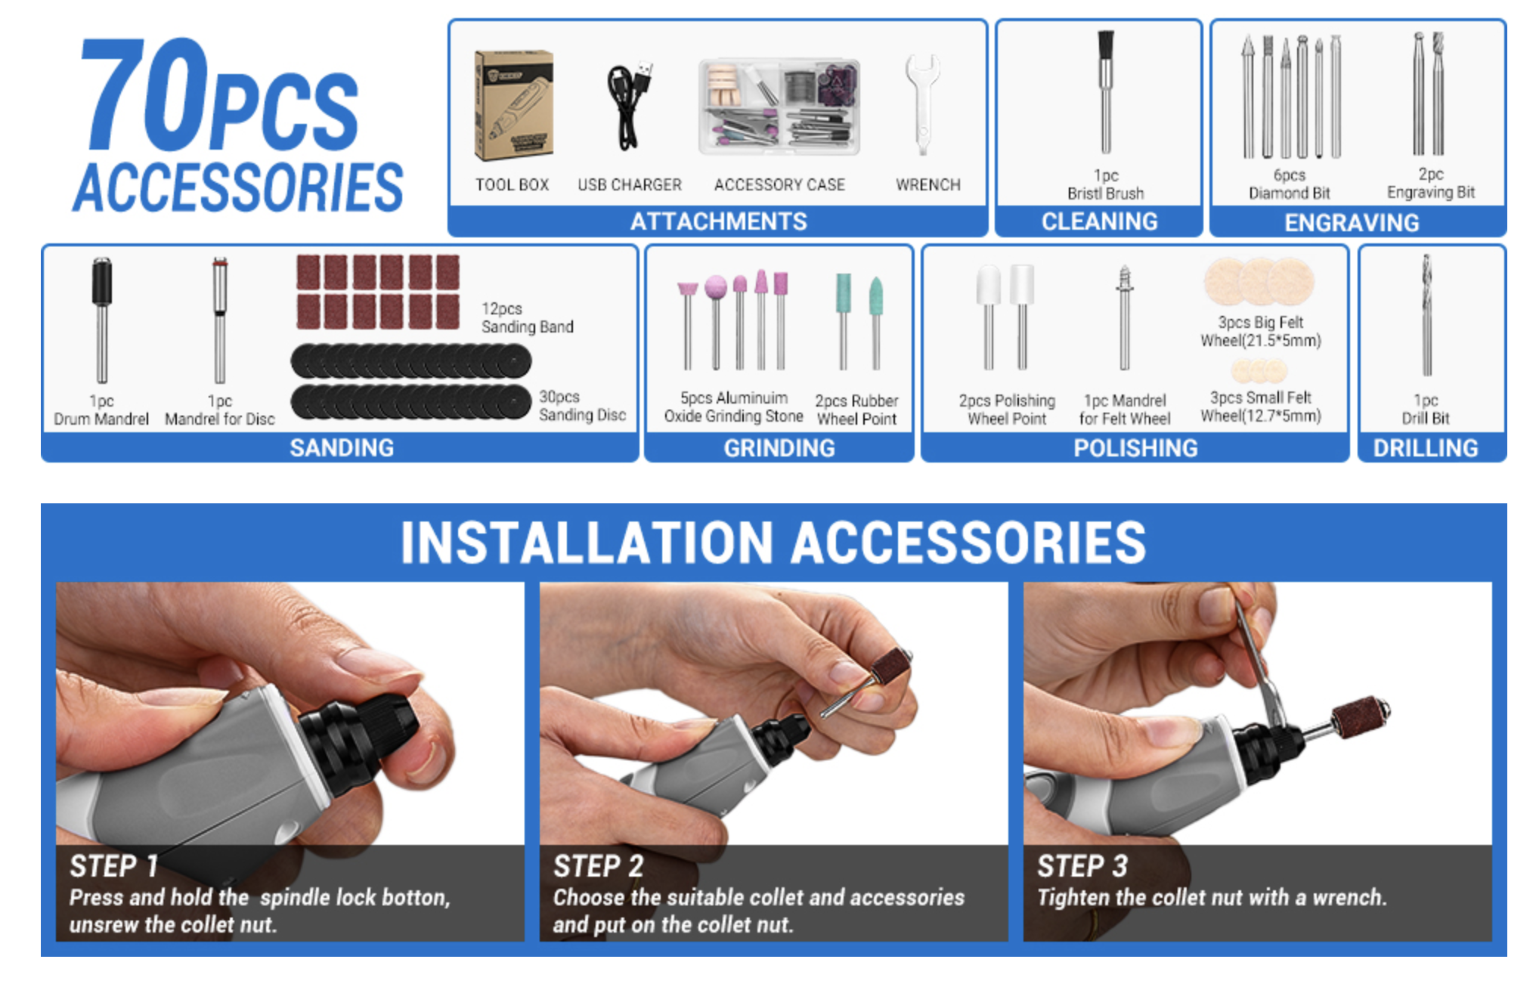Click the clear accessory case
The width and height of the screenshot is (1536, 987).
pos(779,106)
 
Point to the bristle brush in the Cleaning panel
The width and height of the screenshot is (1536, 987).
pos(1105,91)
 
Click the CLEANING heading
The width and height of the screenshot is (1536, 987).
pos(1099,221)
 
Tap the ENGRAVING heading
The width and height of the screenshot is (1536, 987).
pos(1352,222)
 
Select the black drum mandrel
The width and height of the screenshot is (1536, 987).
pos(101,320)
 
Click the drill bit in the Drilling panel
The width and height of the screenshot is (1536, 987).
pos(1426,315)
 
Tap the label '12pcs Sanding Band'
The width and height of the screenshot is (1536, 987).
pos(527,317)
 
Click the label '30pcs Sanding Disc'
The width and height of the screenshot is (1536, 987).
pos(582,406)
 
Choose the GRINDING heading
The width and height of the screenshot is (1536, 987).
pos(779,448)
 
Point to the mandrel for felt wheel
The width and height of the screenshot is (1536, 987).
pos(1125,317)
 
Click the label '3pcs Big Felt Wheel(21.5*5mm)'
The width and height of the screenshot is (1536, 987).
pos(1260,331)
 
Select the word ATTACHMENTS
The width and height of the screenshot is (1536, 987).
pos(719,221)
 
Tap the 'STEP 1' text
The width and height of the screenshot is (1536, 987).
pos(113,866)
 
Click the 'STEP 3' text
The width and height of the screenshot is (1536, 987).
pos(1082,866)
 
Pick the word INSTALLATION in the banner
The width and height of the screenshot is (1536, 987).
pos(587,543)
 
